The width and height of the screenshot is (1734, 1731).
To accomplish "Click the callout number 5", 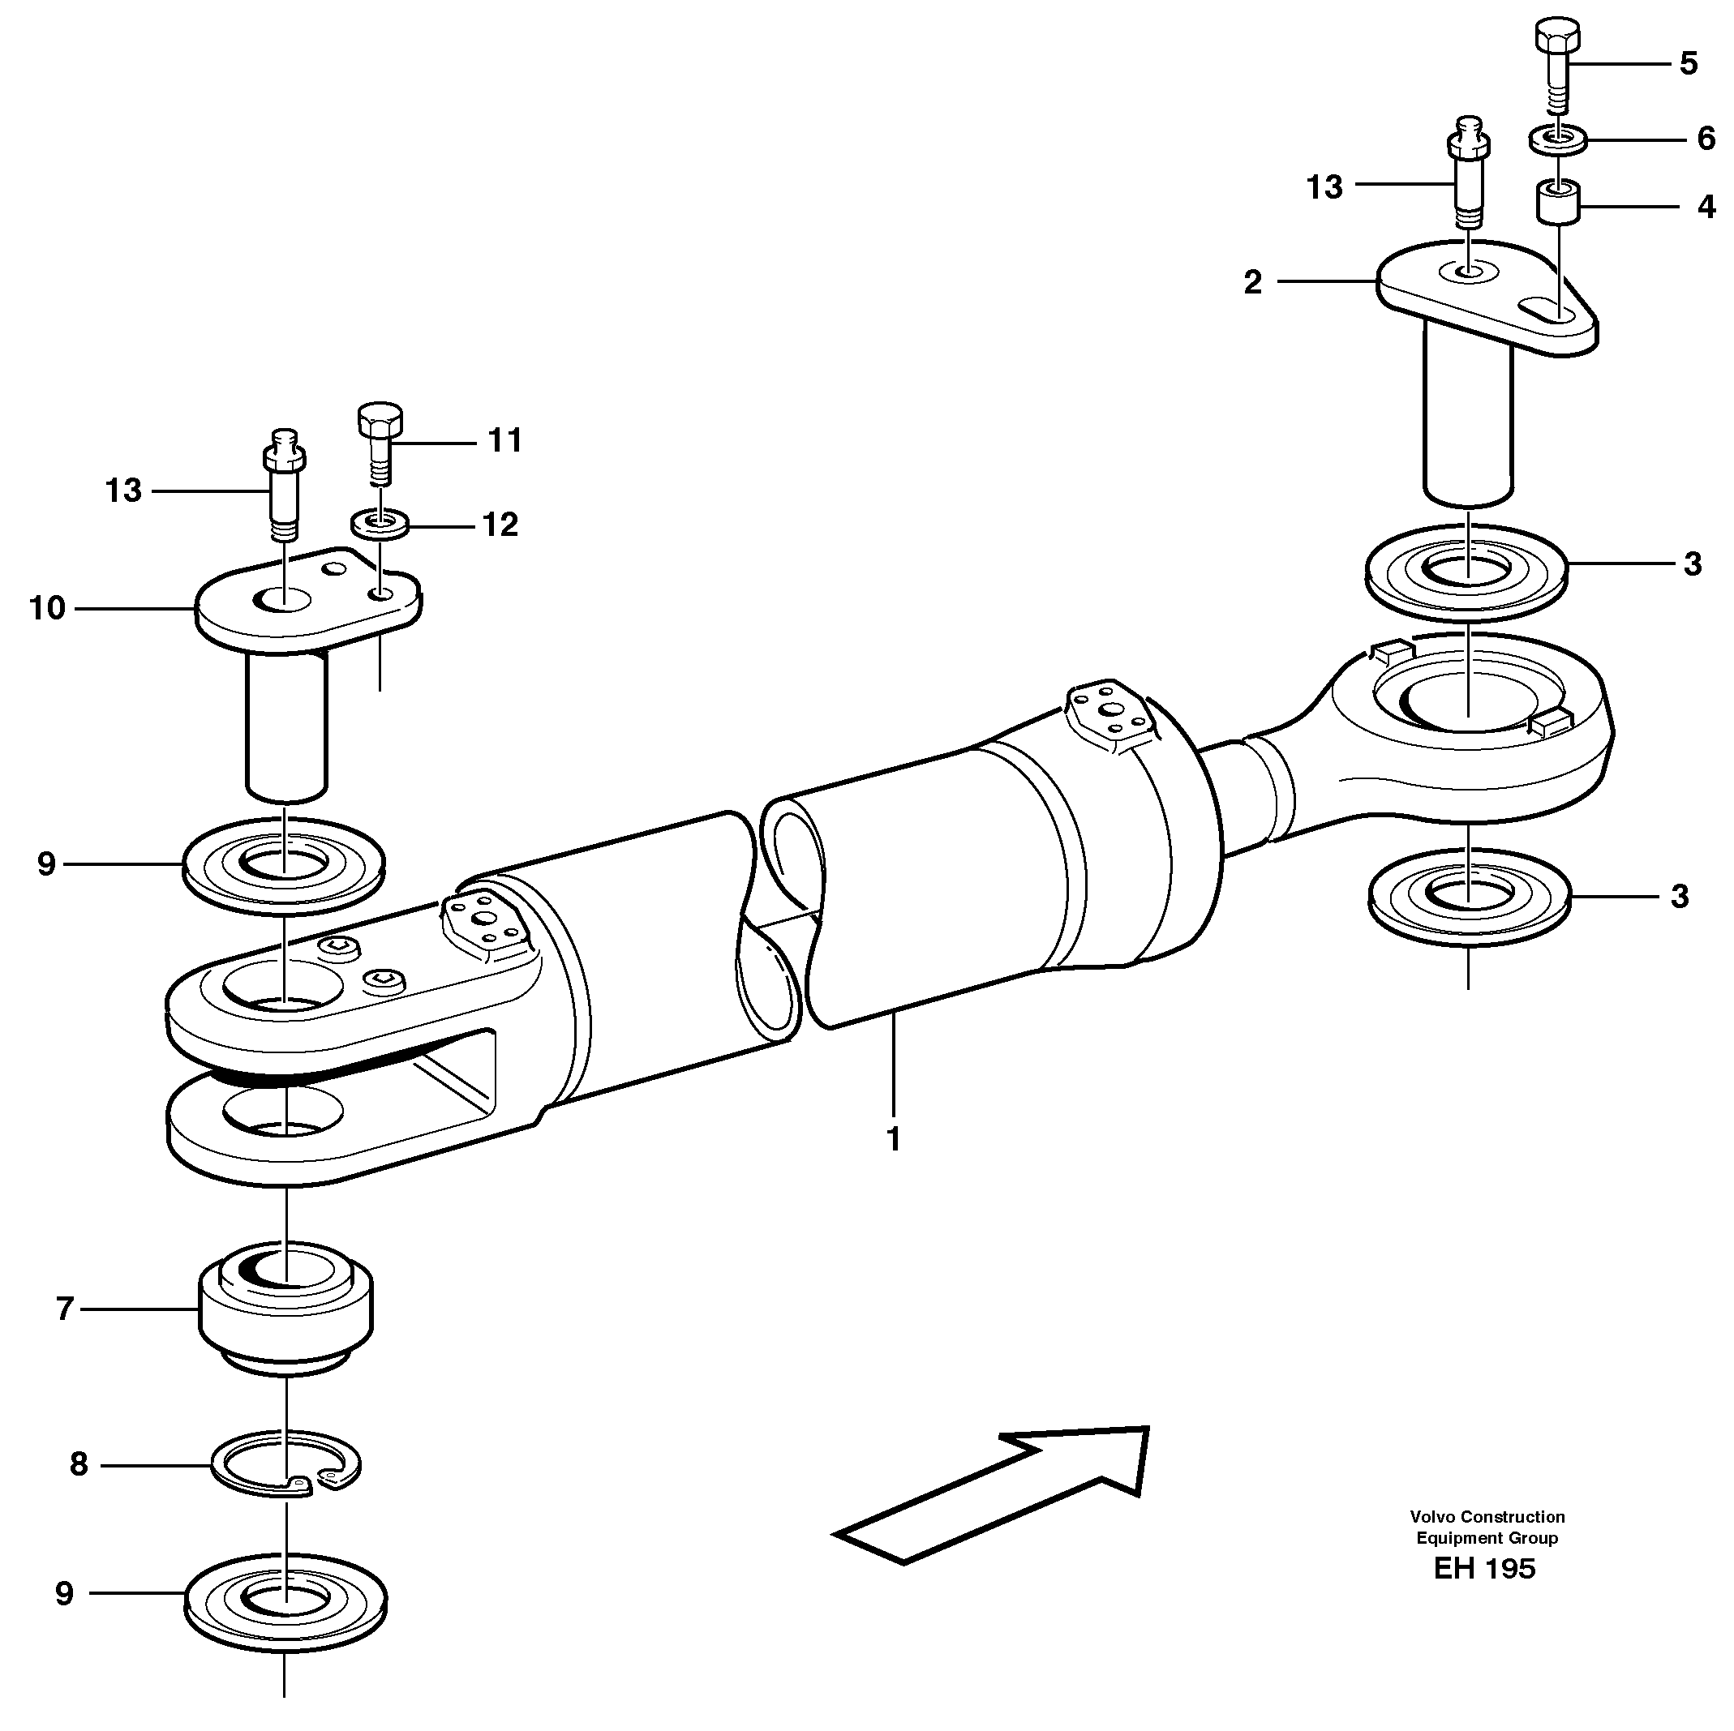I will tap(1689, 64).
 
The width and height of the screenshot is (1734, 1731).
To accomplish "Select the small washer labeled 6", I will tap(1558, 140).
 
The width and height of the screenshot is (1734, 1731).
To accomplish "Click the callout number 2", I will tap(1253, 283).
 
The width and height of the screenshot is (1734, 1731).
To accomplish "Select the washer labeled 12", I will tap(380, 522).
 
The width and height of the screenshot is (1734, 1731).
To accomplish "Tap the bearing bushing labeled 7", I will tap(285, 1305).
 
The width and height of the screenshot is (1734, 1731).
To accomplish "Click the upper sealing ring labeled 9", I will tap(284, 866).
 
